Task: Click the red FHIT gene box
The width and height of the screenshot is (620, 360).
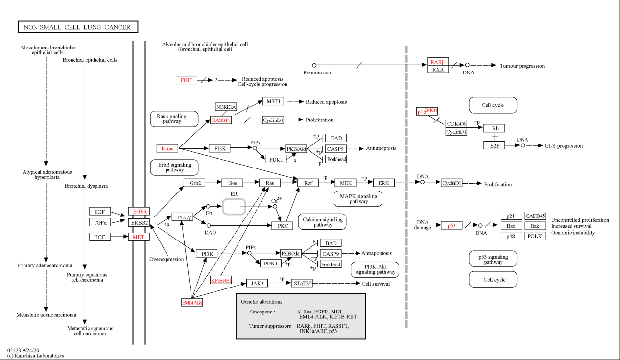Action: point(187,80)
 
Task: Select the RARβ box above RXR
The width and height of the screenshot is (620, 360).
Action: point(438,62)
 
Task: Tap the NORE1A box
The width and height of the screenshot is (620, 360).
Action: point(226,107)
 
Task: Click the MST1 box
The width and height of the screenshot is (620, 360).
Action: point(273,101)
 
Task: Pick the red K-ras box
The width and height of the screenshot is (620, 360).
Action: point(167,148)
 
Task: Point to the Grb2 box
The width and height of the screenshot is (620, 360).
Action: point(194,183)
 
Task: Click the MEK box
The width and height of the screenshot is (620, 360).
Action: point(345,183)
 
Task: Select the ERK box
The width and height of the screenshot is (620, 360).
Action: point(384,183)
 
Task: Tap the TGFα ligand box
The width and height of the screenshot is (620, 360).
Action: point(100,222)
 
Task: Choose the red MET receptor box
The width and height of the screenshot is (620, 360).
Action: point(139,237)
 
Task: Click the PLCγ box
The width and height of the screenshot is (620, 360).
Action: point(182,217)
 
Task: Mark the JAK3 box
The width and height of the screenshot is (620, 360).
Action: point(257,283)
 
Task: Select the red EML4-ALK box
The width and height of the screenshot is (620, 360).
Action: point(192,302)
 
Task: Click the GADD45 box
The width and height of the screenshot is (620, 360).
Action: point(535,216)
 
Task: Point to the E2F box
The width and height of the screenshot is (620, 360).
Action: point(494,145)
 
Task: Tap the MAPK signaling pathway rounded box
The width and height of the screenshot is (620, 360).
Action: point(358,198)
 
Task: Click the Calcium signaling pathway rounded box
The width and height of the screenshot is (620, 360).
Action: point(322,222)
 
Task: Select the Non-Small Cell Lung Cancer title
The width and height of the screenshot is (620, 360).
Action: point(78,27)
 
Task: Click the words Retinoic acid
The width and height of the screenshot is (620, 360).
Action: point(318,72)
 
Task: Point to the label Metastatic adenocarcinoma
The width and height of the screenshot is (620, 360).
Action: point(46,315)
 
